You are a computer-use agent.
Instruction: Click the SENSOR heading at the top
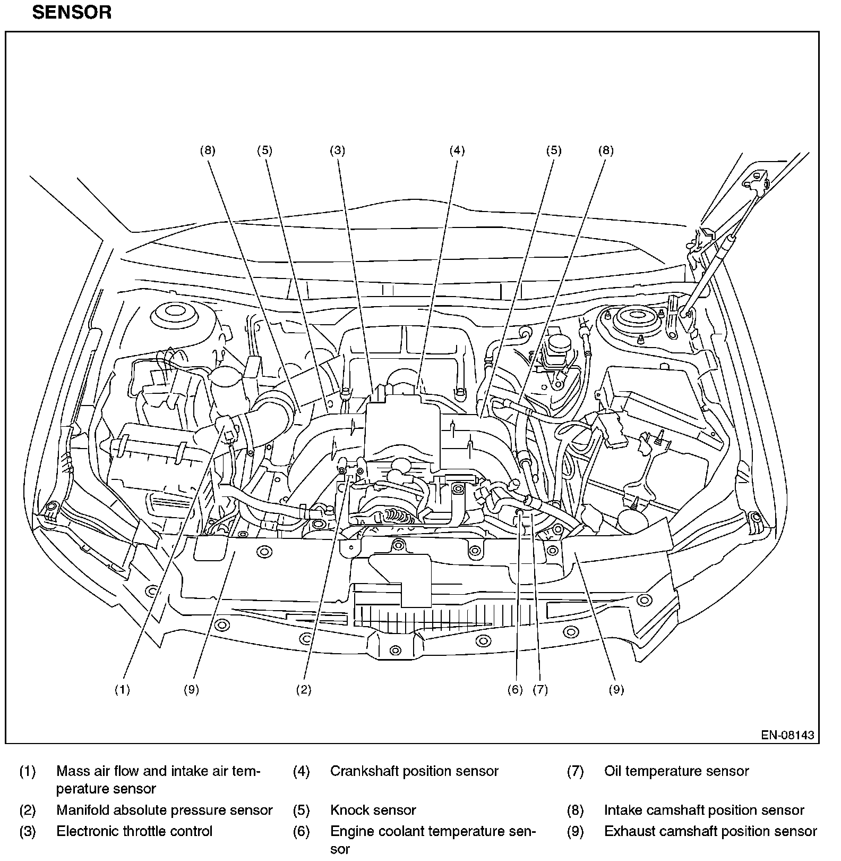point(72,12)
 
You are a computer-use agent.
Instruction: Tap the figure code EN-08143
point(787,735)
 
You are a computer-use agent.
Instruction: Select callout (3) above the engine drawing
point(337,150)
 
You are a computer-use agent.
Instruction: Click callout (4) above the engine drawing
point(457,150)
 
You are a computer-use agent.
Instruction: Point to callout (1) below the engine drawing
point(122,689)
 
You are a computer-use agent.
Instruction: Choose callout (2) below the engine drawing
point(303,689)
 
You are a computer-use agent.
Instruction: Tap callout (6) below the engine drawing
point(515,689)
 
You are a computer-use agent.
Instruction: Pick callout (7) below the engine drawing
point(540,689)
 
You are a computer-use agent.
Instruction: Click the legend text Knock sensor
point(373,810)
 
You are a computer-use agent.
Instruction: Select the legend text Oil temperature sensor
point(676,771)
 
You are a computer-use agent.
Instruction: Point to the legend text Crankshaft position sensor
point(414,771)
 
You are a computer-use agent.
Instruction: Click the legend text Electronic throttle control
point(134,831)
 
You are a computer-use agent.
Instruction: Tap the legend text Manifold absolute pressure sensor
point(164,810)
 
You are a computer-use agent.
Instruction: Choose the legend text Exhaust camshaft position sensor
point(710,831)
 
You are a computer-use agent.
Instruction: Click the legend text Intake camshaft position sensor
point(704,810)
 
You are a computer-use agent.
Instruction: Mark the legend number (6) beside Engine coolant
point(301,831)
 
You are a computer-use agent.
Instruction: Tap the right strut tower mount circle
point(632,319)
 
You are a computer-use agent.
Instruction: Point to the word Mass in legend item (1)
point(72,771)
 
